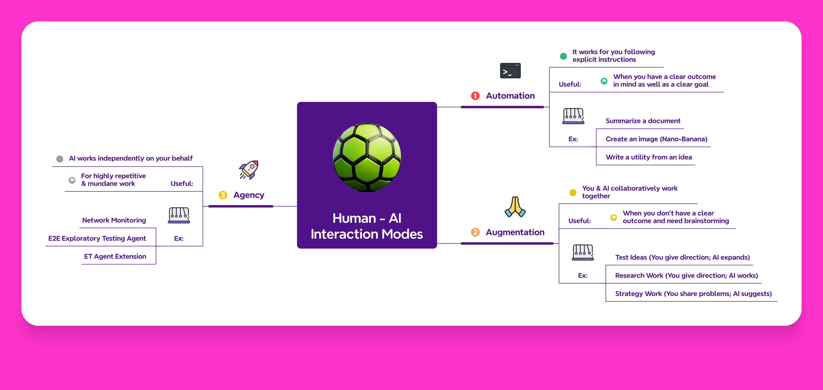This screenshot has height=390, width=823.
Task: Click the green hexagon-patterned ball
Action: [x=367, y=157]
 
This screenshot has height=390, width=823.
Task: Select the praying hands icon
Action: [x=515, y=207]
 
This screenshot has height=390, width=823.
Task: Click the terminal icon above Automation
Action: [x=510, y=71]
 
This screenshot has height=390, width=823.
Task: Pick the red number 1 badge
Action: [x=475, y=96]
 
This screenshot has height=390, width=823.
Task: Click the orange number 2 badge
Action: [x=475, y=232]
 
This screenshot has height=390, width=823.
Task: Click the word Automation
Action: [x=510, y=96]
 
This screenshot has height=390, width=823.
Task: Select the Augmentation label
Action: [x=515, y=232]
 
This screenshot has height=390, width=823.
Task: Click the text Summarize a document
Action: [x=643, y=121]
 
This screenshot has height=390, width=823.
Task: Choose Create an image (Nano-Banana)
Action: [x=656, y=139]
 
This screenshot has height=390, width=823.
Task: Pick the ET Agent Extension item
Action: [x=115, y=257]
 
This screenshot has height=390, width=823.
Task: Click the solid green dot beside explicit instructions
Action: [x=563, y=56]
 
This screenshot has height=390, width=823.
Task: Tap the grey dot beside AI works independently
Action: [x=60, y=159]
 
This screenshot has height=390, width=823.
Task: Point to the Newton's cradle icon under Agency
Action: [x=179, y=215]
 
